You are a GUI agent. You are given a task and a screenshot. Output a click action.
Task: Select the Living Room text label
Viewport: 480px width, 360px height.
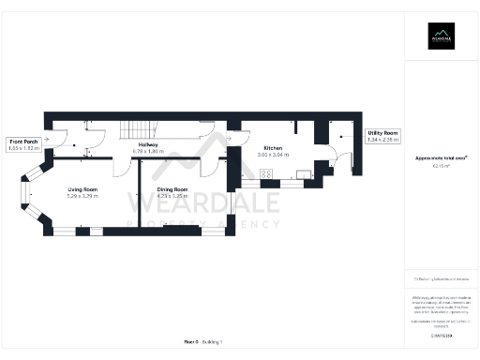point(82,189)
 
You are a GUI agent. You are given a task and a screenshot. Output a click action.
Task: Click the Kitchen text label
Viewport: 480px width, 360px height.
point(273,148)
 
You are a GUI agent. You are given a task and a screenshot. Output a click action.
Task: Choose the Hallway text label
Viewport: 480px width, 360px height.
point(148,144)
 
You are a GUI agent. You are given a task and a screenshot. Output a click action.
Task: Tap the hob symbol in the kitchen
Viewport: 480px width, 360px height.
point(266,172)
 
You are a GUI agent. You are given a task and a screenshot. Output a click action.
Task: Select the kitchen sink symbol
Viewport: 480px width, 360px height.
point(303,172)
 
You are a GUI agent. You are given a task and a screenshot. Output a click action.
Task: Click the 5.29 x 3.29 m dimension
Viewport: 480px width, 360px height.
point(82,196)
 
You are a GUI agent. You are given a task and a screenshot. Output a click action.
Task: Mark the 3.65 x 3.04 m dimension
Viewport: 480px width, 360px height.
point(273,155)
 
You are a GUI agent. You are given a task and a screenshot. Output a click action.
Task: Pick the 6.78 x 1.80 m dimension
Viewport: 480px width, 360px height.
point(148,151)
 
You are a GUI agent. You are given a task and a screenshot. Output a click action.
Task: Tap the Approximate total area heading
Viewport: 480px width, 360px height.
point(442,157)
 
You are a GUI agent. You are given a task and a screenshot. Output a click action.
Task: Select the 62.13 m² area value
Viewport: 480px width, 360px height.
point(442,165)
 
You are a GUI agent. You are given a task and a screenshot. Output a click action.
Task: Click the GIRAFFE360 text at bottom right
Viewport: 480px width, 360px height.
point(442,334)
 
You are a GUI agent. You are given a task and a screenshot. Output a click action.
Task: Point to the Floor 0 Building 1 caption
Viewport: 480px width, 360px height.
point(202,342)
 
